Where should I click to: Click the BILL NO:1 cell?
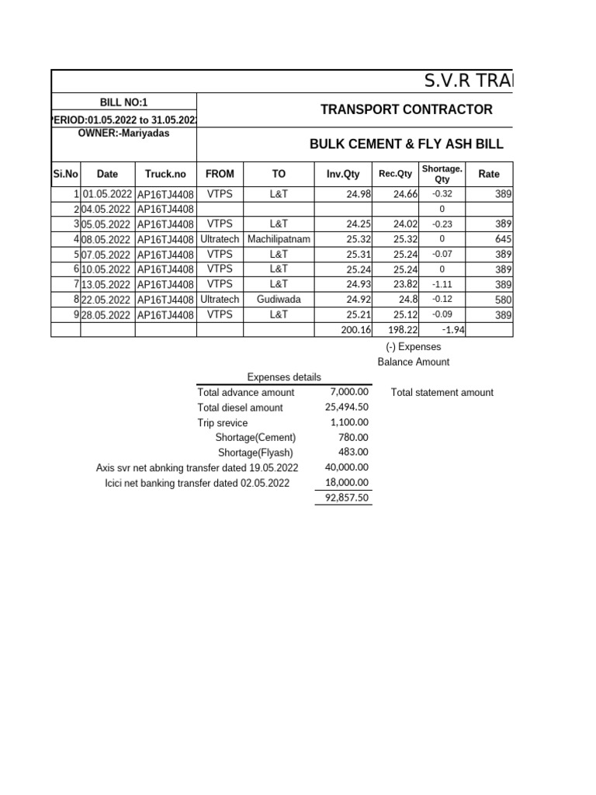(123, 102)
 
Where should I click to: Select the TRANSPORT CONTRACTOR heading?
(406, 109)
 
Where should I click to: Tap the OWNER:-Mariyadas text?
(123, 134)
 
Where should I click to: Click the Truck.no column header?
(165, 174)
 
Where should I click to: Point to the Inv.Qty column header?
(342, 174)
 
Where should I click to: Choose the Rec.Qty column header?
(395, 174)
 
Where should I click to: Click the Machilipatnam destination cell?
(279, 239)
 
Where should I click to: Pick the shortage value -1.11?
(442, 284)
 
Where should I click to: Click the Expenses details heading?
(284, 377)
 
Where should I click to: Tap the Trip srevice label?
(223, 423)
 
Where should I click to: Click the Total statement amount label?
(442, 393)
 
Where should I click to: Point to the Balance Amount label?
(414, 362)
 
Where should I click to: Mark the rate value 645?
(504, 239)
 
